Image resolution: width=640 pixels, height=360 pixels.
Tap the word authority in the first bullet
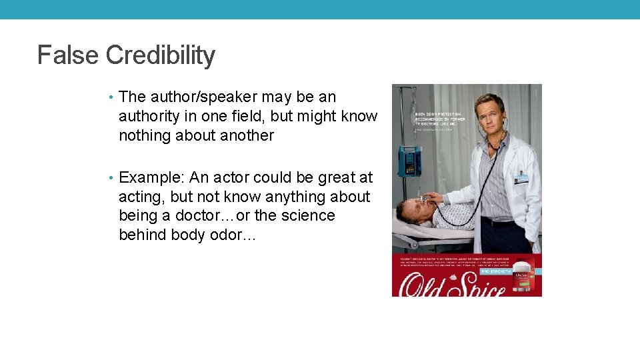[x=149, y=117]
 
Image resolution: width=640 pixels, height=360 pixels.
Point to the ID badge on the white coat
[x=521, y=177]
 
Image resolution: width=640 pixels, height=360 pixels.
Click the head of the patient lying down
[x=407, y=210]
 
